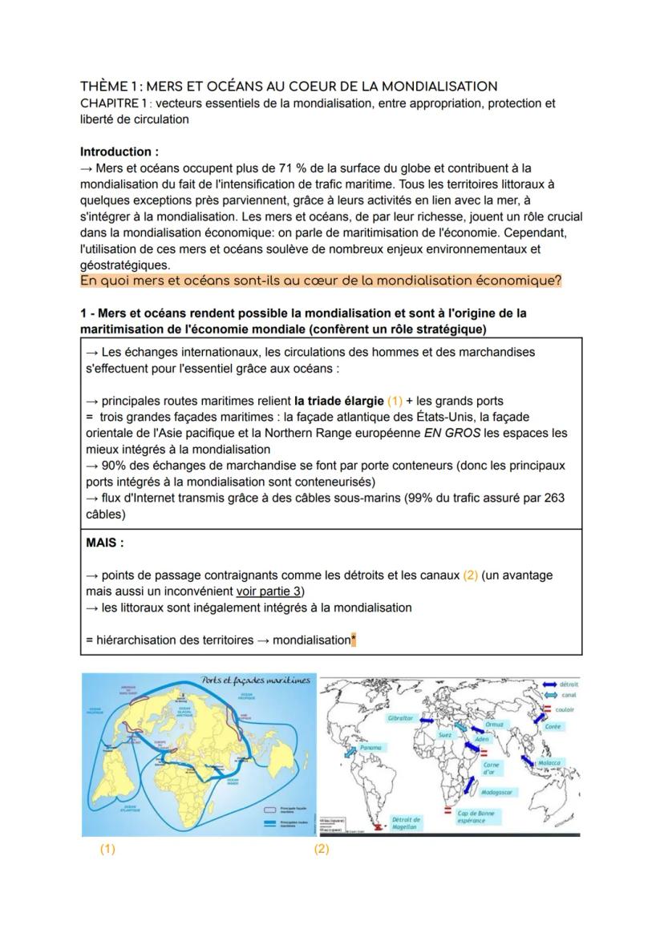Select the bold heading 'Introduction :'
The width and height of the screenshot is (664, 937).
pyautogui.click(x=119, y=151)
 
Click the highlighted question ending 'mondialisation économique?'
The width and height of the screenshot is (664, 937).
pyautogui.click(x=321, y=281)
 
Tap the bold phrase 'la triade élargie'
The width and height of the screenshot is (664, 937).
pyautogui.click(x=338, y=401)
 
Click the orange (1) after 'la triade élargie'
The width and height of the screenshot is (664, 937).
pyautogui.click(x=395, y=401)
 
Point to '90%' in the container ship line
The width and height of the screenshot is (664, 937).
pyautogui.click(x=115, y=466)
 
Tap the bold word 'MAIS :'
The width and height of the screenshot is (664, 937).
pyautogui.click(x=105, y=543)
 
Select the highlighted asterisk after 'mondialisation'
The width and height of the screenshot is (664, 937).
pyautogui.click(x=354, y=640)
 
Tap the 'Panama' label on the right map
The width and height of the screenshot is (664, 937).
pyautogui.click(x=370, y=747)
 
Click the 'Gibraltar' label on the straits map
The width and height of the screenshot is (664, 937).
pyautogui.click(x=400, y=718)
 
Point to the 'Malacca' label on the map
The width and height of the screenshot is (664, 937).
pyautogui.click(x=549, y=763)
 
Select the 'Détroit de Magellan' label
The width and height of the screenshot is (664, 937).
pyautogui.click(x=406, y=823)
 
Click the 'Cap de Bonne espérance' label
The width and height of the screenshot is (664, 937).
pyautogui.click(x=476, y=817)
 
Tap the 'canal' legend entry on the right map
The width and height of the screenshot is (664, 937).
pyautogui.click(x=567, y=695)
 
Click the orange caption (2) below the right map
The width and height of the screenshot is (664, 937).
pyautogui.click(x=322, y=849)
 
